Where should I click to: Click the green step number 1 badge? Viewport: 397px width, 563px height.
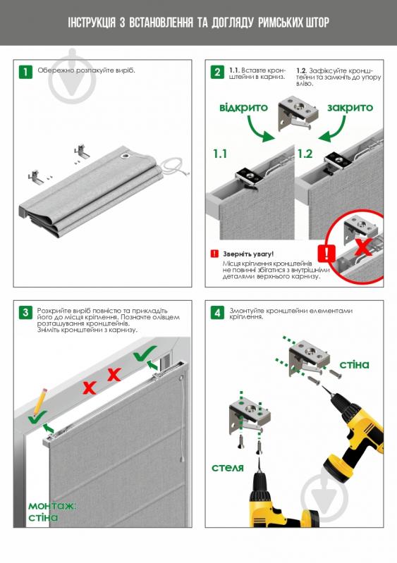click(25, 72)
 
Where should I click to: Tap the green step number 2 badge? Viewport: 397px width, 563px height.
click(218, 72)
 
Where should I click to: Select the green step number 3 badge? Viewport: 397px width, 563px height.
click(25, 312)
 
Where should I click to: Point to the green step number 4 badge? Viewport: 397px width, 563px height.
click(218, 312)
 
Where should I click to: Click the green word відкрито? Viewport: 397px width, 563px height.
click(243, 108)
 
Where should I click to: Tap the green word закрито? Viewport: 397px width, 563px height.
click(350, 108)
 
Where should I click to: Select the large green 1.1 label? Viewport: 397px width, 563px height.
click(221, 153)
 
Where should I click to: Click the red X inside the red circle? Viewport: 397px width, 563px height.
click(362, 247)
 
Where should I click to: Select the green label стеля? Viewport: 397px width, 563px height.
click(228, 467)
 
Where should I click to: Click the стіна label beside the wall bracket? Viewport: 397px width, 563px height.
click(354, 364)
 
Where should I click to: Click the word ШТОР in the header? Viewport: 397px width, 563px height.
click(312, 24)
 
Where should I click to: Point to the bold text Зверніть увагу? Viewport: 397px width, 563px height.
click(248, 253)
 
